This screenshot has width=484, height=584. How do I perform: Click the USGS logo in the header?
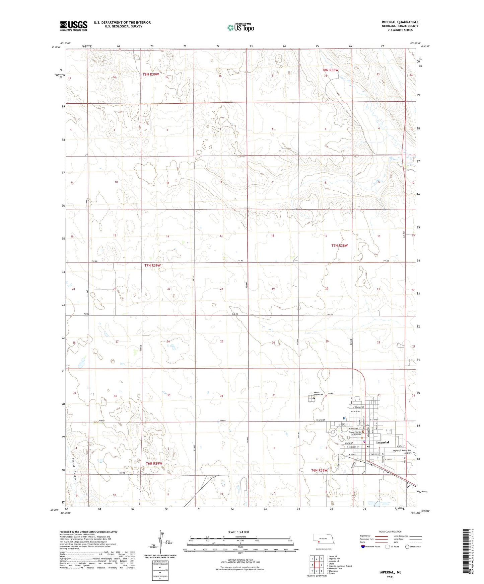pos(73,26)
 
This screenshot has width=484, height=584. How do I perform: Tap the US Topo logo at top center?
pos(240,27)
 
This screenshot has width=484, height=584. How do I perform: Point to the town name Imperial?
pos(383,442)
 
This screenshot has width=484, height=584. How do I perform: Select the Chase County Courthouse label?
pos(355,434)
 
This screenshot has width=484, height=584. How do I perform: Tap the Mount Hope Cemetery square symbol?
pos(314,398)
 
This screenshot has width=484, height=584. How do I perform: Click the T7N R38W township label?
pos(340,246)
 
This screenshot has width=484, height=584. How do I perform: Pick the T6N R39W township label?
pos(154,464)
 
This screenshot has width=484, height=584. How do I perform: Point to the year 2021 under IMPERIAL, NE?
pos(390,577)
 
